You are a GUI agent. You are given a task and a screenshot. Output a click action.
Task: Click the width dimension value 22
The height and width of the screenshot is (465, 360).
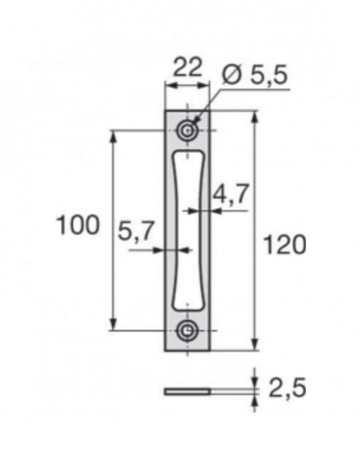pyautogui.click(x=187, y=67)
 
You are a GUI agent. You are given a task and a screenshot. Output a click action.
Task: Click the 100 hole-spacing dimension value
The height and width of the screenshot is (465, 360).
pyautogui.click(x=77, y=225)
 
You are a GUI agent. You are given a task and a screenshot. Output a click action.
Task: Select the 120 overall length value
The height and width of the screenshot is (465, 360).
pyautogui.click(x=284, y=245)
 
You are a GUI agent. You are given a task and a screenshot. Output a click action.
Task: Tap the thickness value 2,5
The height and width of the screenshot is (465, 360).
pyautogui.click(x=286, y=390)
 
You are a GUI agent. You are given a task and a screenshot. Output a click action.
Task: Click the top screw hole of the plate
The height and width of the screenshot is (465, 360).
pyautogui.click(x=188, y=130)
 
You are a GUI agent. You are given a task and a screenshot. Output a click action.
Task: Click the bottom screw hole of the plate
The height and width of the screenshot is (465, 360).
pyautogui.click(x=188, y=329)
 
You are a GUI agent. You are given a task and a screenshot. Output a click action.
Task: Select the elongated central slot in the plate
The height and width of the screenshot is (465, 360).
pyautogui.click(x=188, y=229)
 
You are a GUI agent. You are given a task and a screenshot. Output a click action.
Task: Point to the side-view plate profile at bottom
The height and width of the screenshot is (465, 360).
pyautogui.click(x=188, y=391)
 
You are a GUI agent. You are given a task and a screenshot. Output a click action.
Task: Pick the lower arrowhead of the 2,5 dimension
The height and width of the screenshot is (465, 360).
pyautogui.click(x=255, y=401)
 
